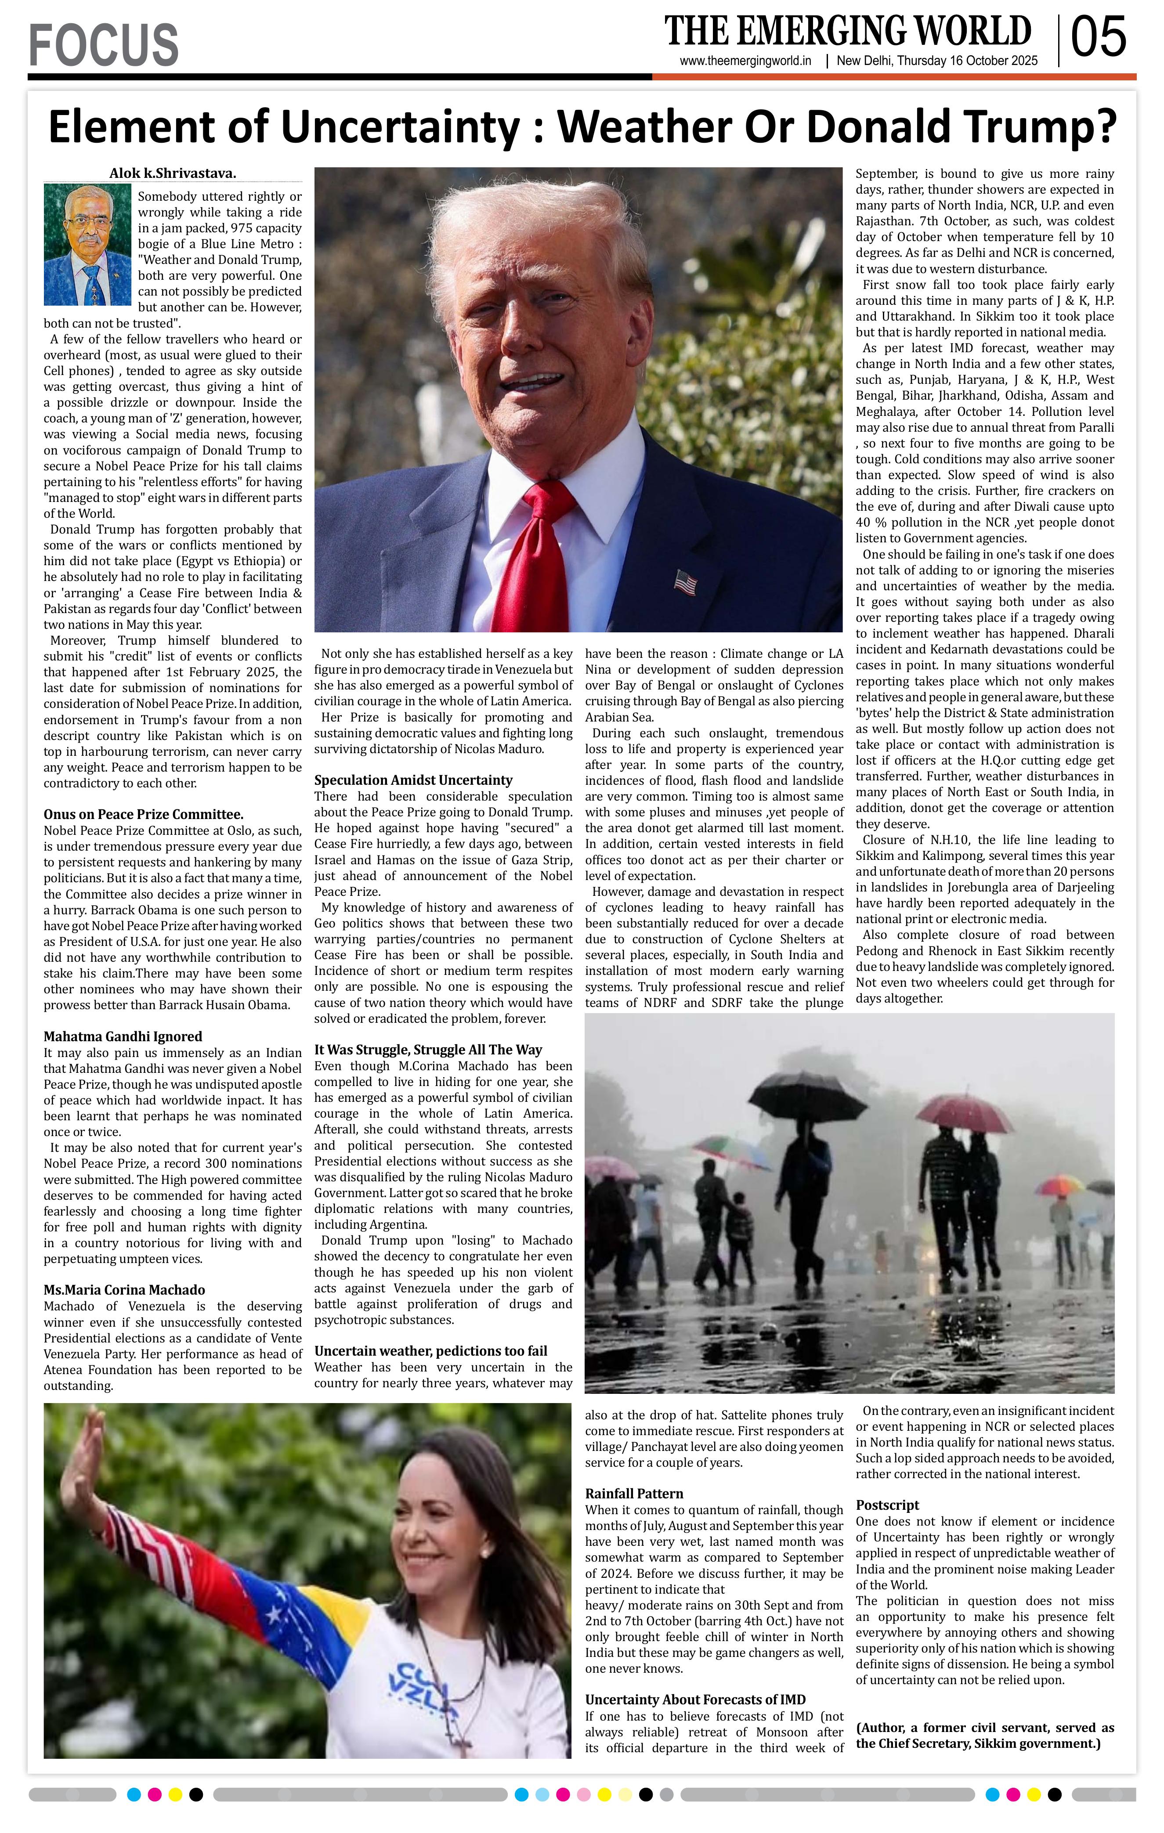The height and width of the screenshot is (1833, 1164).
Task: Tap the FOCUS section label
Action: pos(104,44)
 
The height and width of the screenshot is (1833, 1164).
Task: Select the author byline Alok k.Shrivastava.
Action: pos(173,173)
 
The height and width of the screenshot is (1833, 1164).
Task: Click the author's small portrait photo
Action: pos(87,244)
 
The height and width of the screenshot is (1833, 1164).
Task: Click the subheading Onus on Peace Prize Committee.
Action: pos(143,815)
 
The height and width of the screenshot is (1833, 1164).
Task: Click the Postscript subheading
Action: pos(887,1505)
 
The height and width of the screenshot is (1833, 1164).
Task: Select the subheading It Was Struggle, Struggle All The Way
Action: pos(428,1050)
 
